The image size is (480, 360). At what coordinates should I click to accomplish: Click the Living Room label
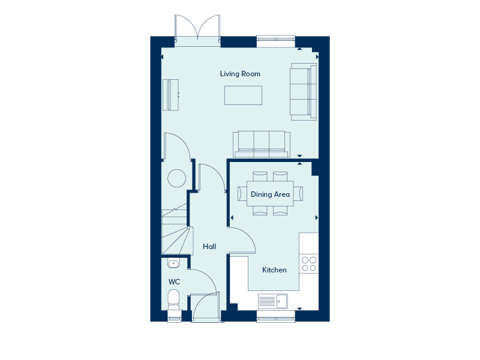(240, 74)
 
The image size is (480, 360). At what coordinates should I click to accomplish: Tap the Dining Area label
(270, 194)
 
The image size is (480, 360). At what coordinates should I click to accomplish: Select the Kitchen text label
(274, 270)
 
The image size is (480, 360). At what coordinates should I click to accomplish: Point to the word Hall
(209, 247)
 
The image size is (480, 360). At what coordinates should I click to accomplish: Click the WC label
(174, 282)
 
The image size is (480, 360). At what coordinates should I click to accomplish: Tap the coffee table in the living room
(243, 95)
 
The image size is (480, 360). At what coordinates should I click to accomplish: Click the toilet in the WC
(173, 299)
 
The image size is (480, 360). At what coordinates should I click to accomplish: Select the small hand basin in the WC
(173, 263)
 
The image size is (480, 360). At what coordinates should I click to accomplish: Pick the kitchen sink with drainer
(273, 301)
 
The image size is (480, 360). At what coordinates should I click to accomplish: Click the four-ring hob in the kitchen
(309, 264)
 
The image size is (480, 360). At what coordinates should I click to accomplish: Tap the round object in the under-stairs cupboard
(176, 178)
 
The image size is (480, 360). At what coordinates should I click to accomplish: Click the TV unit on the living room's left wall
(170, 95)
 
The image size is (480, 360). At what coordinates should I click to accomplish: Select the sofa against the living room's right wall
(303, 92)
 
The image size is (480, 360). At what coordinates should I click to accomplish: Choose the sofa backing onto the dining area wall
(262, 144)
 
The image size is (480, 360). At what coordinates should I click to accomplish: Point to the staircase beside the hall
(177, 229)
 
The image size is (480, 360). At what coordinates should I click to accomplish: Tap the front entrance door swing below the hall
(205, 307)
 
